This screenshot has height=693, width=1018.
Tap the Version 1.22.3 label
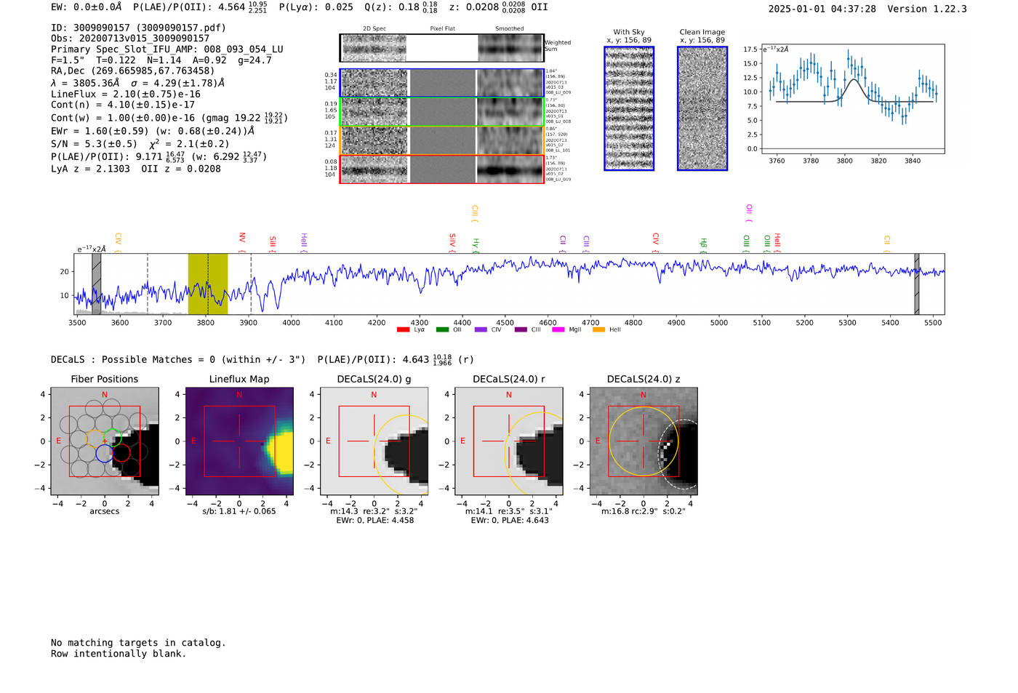click(x=927, y=9)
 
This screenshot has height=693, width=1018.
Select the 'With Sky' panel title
click(x=628, y=32)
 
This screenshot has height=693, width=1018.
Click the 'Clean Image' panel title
click(x=702, y=32)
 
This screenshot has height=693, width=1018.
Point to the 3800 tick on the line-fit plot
click(x=844, y=161)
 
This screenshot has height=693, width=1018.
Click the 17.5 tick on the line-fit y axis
click(x=750, y=49)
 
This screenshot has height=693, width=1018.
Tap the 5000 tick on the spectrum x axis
click(x=718, y=323)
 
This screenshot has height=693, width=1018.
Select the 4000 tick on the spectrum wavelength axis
click(x=291, y=323)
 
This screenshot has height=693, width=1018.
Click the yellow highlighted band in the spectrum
click(x=207, y=284)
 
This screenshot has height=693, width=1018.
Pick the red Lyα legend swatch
click(x=403, y=330)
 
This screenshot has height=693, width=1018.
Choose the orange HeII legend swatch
click(x=598, y=330)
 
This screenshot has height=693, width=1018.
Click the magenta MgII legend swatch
click(x=558, y=330)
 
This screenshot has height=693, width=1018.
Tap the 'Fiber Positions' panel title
click(x=104, y=379)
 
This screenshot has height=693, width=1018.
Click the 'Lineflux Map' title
click(x=239, y=379)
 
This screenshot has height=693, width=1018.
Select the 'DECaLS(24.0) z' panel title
click(x=643, y=379)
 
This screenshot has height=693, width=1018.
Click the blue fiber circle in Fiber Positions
click(x=104, y=453)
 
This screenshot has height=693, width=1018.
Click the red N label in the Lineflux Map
click(x=239, y=395)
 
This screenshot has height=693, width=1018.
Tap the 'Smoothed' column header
click(x=509, y=29)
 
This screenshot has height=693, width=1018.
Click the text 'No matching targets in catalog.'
click(x=138, y=643)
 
